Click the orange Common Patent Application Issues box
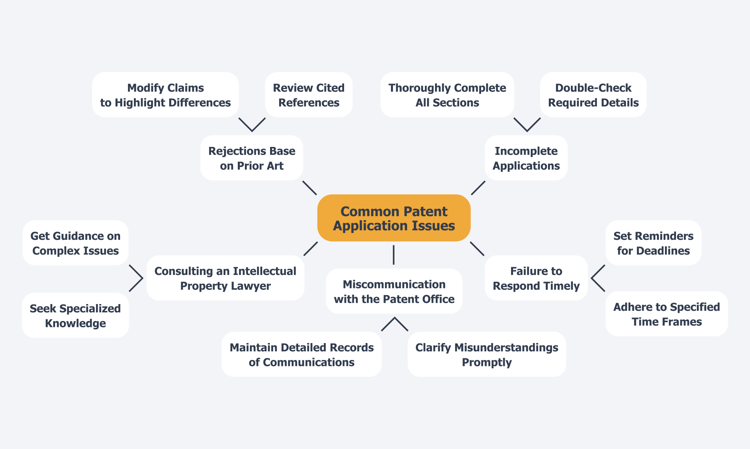[394, 218]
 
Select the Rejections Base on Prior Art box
[252, 158]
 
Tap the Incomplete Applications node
[526, 158]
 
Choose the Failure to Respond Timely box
[536, 278]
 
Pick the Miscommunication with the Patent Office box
[394, 291]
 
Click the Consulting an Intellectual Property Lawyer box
[225, 278]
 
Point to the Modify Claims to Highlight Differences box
[165, 95]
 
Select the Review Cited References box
[309, 95]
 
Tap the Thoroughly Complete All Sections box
[447, 95]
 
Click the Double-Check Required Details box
[593, 95]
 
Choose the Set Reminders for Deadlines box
[653, 243]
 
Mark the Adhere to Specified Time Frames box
[667, 314]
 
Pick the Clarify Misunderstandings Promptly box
[487, 354]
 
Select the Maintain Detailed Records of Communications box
[302, 354]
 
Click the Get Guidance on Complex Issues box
[76, 243]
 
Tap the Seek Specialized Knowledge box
[75, 315]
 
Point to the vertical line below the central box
[394, 255]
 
